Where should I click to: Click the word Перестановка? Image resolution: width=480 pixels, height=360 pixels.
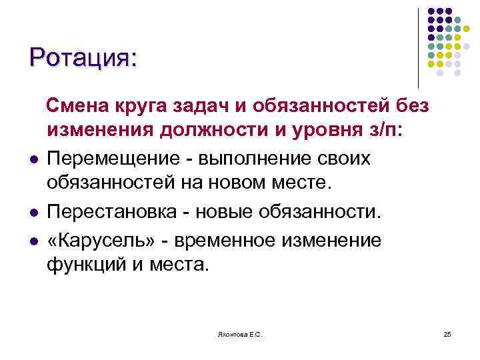click(110, 211)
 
